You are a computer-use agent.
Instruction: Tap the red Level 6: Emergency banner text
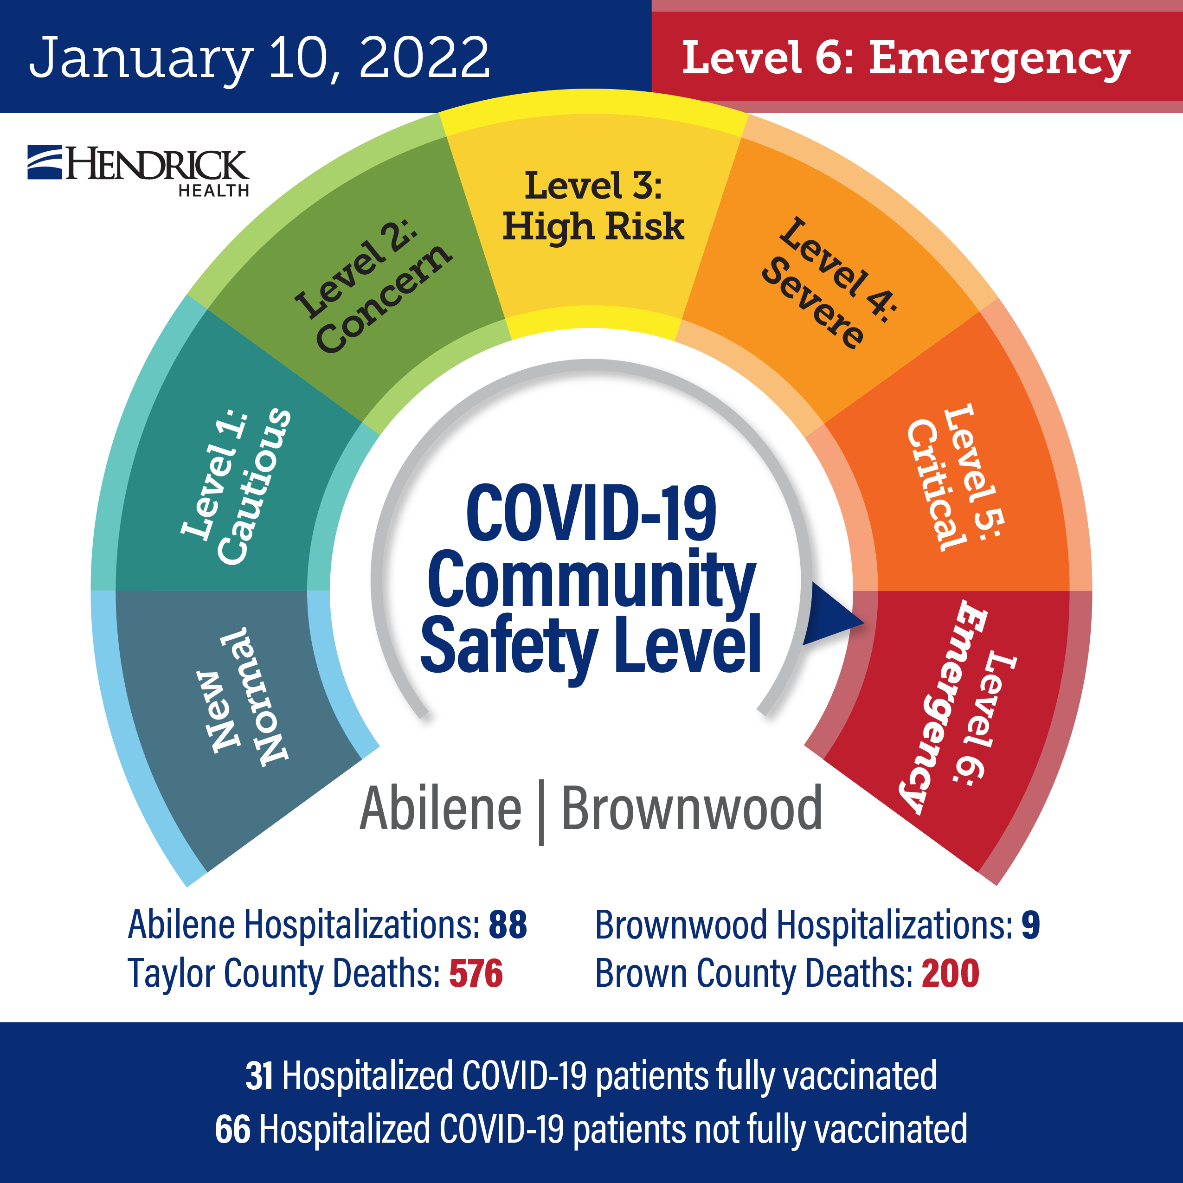pyautogui.click(x=906, y=59)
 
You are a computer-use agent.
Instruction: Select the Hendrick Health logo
pyautogui.click(x=138, y=171)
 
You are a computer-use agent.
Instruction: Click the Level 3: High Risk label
pyautogui.click(x=593, y=206)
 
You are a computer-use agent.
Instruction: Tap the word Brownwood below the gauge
pyautogui.click(x=692, y=810)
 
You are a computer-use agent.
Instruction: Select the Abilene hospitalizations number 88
pyautogui.click(x=508, y=925)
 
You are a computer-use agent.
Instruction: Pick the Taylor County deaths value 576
pyautogui.click(x=476, y=974)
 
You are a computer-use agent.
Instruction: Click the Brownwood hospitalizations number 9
pyautogui.click(x=1030, y=925)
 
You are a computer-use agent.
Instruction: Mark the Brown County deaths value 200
pyautogui.click(x=950, y=974)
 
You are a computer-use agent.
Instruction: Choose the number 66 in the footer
pyautogui.click(x=233, y=1129)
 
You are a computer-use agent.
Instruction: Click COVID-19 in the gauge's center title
pyautogui.click(x=591, y=513)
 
